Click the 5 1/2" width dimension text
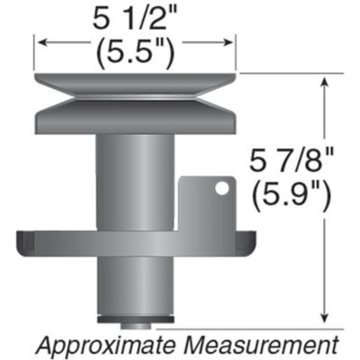(135, 16)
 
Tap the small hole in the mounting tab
(217, 188)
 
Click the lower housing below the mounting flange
(135, 283)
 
